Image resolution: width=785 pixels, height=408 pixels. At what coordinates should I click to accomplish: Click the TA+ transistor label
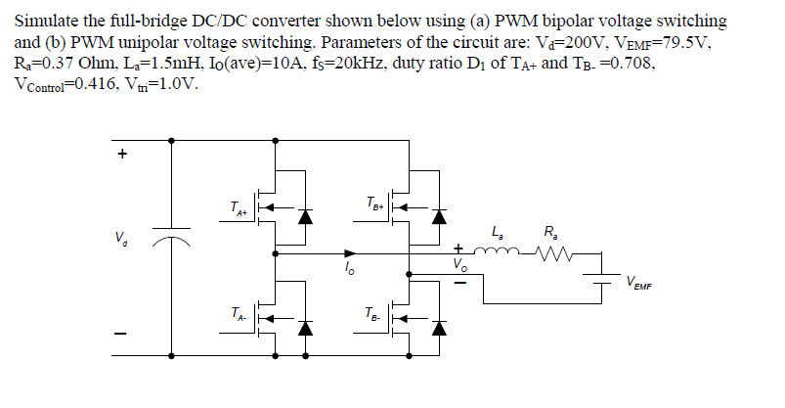[x=237, y=207]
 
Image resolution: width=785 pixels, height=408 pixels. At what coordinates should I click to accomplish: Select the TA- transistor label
[x=237, y=315]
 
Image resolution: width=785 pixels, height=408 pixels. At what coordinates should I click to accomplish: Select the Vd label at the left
[x=122, y=238]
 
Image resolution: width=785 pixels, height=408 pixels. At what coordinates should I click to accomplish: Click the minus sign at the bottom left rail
[x=122, y=333]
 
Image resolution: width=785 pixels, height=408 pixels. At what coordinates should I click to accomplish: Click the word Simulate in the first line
[x=47, y=21]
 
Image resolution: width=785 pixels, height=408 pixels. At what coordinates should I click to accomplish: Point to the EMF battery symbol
[x=603, y=280]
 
